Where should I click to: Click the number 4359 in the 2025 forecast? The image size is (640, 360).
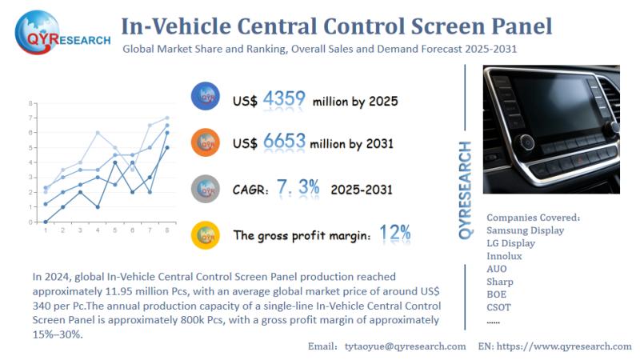tap(284, 99)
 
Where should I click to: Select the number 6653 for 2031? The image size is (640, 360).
tap(284, 142)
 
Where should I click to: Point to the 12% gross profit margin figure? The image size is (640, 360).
tap(395, 233)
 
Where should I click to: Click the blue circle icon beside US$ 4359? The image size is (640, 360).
tap(206, 97)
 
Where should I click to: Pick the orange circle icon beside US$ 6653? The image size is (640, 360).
tap(206, 142)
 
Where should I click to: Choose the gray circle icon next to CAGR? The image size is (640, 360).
tap(206, 189)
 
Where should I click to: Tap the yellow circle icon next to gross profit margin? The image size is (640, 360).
tap(206, 234)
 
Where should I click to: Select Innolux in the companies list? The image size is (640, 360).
tap(504, 256)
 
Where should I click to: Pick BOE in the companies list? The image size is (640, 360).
tap(496, 294)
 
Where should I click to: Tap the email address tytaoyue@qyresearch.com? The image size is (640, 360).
tap(405, 346)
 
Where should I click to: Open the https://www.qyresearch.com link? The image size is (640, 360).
tap(566, 346)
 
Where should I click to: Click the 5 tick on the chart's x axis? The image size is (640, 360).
tap(114, 230)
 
